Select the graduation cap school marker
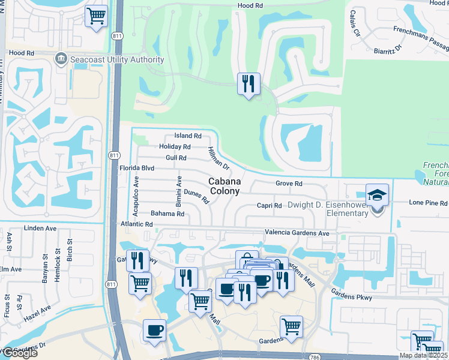click(x=377, y=196)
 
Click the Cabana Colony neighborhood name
click(x=224, y=186)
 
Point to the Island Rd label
click(x=187, y=136)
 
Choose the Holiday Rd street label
click(x=175, y=147)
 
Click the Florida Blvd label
click(x=137, y=169)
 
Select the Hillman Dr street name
click(x=218, y=158)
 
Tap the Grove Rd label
click(x=288, y=183)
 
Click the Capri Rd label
click(x=269, y=206)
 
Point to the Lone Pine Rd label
click(x=427, y=203)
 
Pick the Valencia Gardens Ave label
click(x=297, y=233)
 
